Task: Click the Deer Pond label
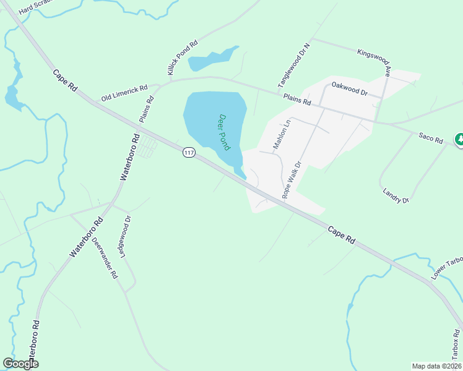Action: click(224, 132)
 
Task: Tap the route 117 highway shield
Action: click(189, 152)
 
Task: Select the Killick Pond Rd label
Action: click(182, 59)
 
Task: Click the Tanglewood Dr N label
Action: click(293, 64)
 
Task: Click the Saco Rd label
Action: click(431, 137)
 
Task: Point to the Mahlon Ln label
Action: click(282, 135)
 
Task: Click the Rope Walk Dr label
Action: click(291, 180)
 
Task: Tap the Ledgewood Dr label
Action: click(129, 237)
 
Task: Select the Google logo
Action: click(20, 364)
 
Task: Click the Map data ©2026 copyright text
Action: click(436, 366)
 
